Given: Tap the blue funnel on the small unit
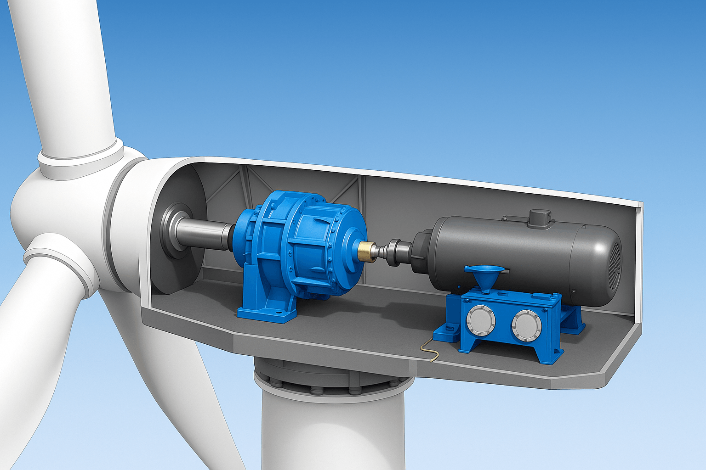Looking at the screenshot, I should [484, 275].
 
